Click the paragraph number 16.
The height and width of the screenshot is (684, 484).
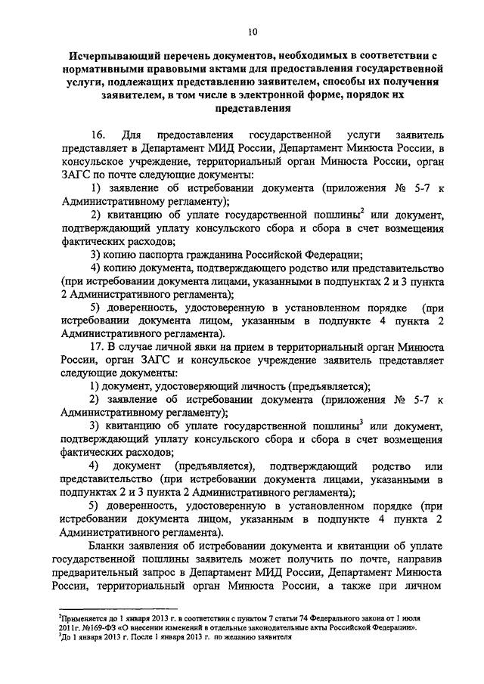(98, 134)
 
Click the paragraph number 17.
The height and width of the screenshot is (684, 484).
(98, 345)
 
